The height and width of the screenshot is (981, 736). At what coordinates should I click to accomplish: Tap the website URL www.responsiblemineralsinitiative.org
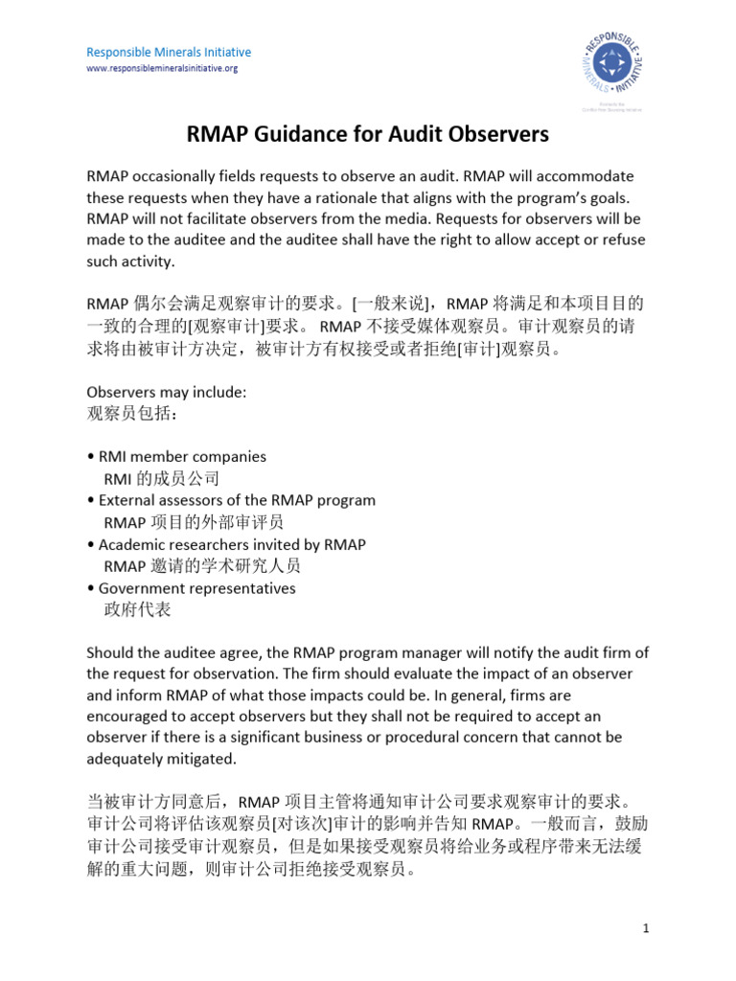click(x=162, y=69)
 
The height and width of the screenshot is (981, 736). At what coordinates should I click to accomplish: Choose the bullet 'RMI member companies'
click(x=182, y=457)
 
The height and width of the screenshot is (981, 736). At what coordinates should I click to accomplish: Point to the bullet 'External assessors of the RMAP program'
click(x=237, y=500)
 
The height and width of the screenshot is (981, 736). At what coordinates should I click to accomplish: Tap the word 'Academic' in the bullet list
click(x=132, y=544)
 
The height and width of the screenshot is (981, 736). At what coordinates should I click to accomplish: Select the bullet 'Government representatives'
click(x=196, y=588)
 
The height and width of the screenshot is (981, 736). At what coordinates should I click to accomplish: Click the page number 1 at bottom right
click(x=647, y=929)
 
